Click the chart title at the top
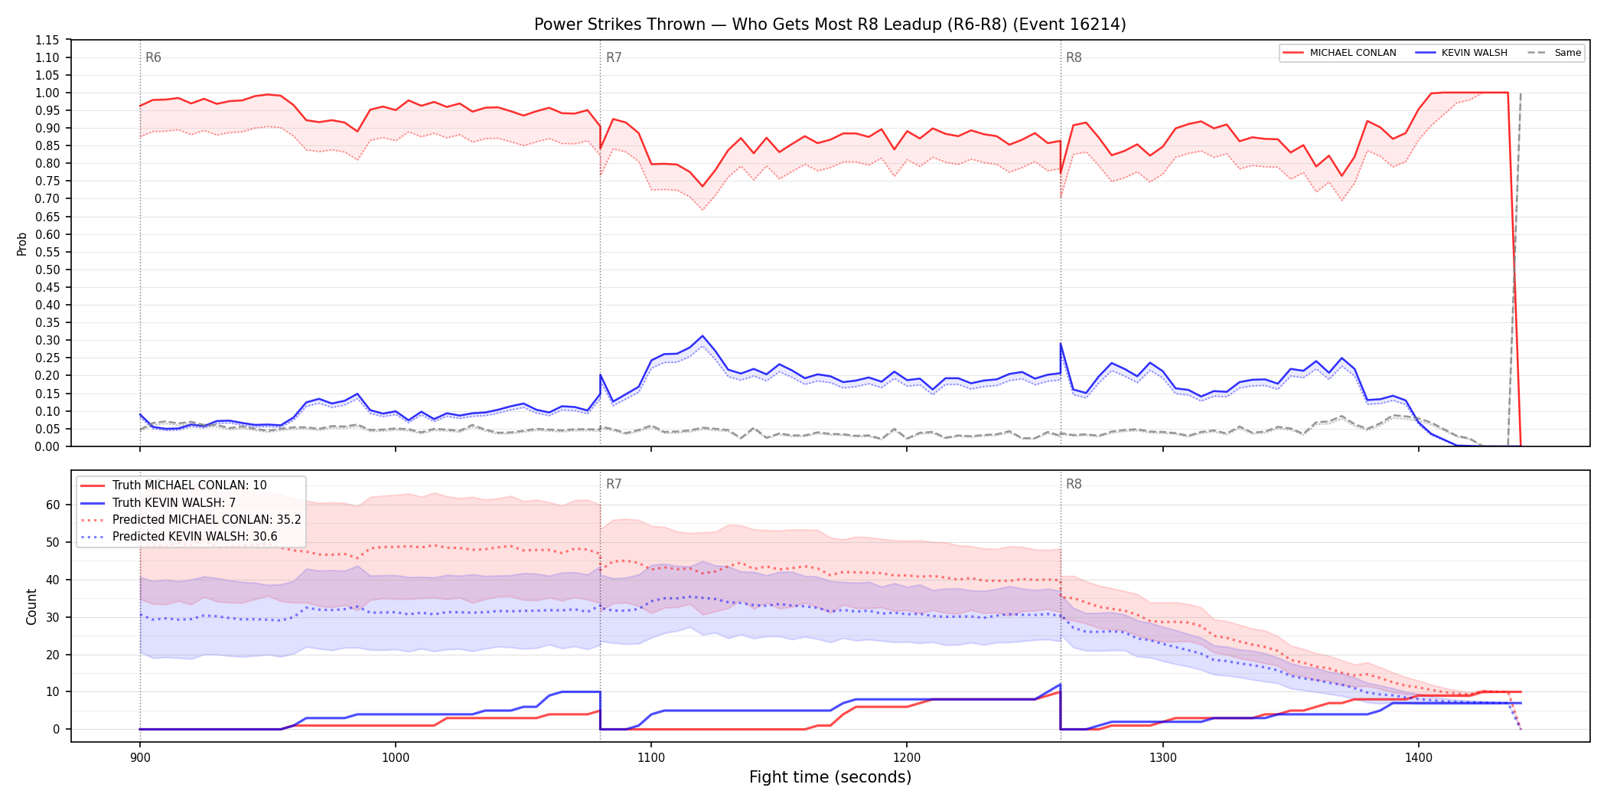830,25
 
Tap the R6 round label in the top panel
153,57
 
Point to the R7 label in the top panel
614,57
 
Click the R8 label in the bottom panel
1074,484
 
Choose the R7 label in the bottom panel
614,484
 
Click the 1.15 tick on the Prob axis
47,40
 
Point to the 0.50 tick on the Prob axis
47,270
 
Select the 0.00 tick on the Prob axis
47,446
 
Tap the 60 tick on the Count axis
53,505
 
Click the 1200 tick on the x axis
907,758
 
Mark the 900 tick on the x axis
139,758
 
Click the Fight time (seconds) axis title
830,777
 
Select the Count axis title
31,606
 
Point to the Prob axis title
22,243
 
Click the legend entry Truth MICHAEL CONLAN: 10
189,485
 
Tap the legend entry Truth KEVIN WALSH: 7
174,503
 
